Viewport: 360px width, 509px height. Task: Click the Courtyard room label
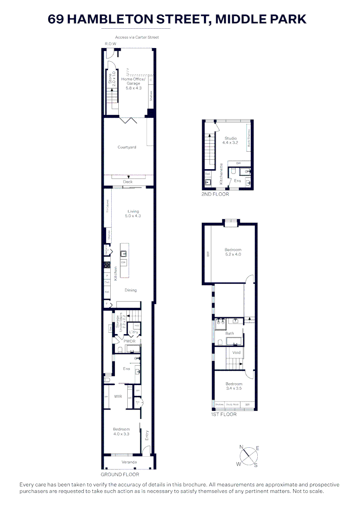click(127, 148)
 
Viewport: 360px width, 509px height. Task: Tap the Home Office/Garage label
click(131, 83)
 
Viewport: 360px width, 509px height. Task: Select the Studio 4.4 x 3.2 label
click(230, 140)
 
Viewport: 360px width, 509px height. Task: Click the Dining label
click(131, 290)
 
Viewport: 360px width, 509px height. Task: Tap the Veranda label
click(129, 462)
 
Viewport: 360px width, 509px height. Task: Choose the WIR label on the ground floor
click(118, 397)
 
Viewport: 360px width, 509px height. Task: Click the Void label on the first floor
click(237, 353)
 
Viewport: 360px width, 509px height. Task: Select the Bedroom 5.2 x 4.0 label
click(233, 252)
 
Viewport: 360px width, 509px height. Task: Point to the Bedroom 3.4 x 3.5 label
click(233, 386)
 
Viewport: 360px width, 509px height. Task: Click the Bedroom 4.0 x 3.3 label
click(121, 431)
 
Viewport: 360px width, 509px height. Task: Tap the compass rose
click(248, 456)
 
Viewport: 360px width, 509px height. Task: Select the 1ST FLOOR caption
click(223, 415)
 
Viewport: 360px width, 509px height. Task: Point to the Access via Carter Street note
click(137, 37)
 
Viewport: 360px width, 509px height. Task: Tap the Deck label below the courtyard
click(128, 182)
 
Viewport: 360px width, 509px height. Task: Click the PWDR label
click(130, 341)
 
